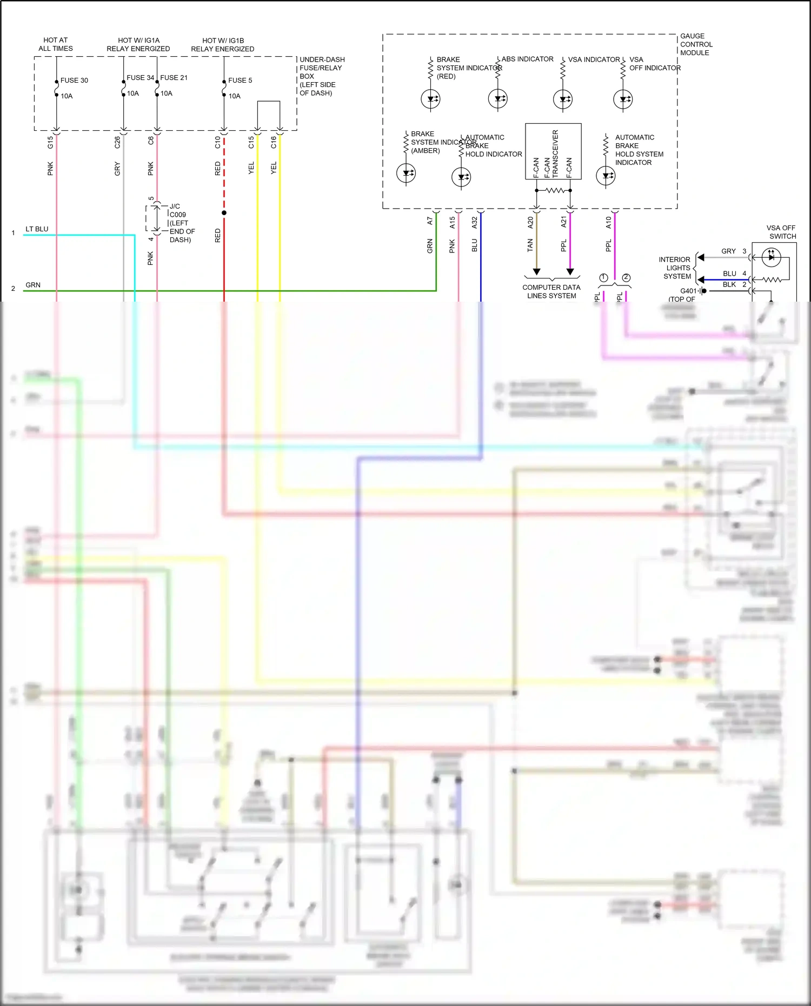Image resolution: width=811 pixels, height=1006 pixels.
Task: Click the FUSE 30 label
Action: point(74,81)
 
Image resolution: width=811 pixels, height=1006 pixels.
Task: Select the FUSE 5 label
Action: point(240,81)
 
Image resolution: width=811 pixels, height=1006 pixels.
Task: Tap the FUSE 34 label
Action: point(140,78)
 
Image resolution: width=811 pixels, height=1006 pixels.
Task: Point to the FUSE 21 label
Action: point(174,78)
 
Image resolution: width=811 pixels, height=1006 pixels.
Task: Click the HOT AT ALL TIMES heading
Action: point(56,44)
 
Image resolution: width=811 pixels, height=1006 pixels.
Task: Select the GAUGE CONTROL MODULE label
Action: point(696,44)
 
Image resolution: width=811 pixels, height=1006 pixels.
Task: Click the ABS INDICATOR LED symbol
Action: point(497,99)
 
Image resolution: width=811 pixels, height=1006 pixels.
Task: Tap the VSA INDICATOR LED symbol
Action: point(563,99)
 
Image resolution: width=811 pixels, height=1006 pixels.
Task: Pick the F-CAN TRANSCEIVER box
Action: point(553,151)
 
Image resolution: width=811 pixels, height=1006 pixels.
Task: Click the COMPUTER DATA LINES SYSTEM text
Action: point(551,291)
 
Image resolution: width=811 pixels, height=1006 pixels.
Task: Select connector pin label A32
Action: point(475,222)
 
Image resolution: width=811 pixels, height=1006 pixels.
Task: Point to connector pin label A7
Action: point(430,221)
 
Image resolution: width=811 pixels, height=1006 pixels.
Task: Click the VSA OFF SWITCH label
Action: point(781,232)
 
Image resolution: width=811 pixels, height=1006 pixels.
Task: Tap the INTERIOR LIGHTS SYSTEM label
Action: point(675,268)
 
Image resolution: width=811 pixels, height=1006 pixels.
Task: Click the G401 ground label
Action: point(688,291)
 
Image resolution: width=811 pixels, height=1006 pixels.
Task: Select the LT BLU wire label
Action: point(37,229)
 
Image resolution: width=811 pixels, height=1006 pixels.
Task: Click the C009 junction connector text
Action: point(178,215)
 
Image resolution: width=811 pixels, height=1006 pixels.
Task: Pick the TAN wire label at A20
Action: point(530,245)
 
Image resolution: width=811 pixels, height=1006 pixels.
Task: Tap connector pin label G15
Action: point(50,142)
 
